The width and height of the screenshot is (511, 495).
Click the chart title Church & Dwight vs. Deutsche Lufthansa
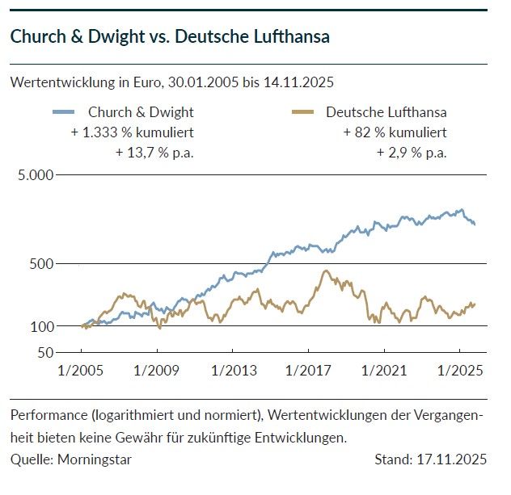click(x=170, y=37)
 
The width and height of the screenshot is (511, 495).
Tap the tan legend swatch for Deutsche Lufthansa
click(x=301, y=111)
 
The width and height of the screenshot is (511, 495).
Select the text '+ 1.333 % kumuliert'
click(x=138, y=132)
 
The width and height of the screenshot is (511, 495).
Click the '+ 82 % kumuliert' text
click(x=395, y=132)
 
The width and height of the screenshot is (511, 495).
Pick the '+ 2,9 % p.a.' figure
click(x=412, y=151)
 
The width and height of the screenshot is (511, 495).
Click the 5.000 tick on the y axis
click(x=36, y=174)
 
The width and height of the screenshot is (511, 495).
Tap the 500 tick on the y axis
click(x=41, y=263)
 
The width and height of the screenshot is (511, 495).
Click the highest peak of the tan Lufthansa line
click(x=326, y=271)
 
